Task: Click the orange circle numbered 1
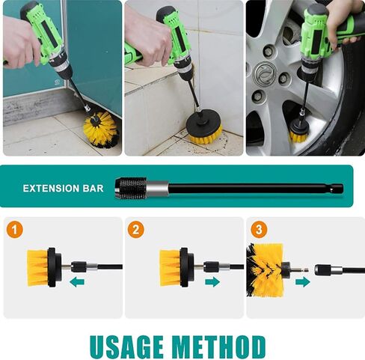15,230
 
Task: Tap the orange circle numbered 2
136,230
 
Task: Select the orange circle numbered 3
259,230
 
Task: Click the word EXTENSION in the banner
51,189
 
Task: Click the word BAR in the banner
93,189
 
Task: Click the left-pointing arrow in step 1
77,282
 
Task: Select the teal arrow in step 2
212,282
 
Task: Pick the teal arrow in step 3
303,282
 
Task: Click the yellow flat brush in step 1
37,267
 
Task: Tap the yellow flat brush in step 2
170,267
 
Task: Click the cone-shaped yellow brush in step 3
265,270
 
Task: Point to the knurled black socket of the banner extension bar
131,188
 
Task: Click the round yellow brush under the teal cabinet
99,129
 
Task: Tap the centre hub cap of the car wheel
265,73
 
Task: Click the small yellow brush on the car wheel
298,133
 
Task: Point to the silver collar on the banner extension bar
158,189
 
